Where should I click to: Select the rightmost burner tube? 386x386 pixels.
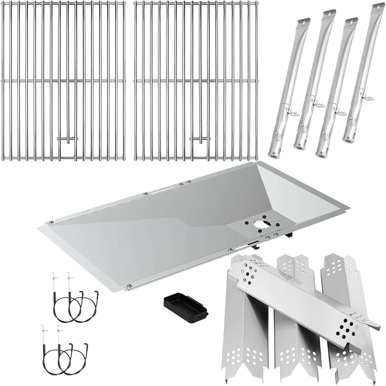(x=361, y=77)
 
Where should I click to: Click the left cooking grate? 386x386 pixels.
(x=63, y=80)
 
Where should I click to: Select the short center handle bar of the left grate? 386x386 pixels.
(x=67, y=139)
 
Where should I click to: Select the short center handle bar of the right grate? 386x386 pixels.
(x=201, y=139)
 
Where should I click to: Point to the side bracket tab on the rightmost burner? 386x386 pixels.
(x=369, y=98)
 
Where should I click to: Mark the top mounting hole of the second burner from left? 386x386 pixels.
(x=328, y=16)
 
